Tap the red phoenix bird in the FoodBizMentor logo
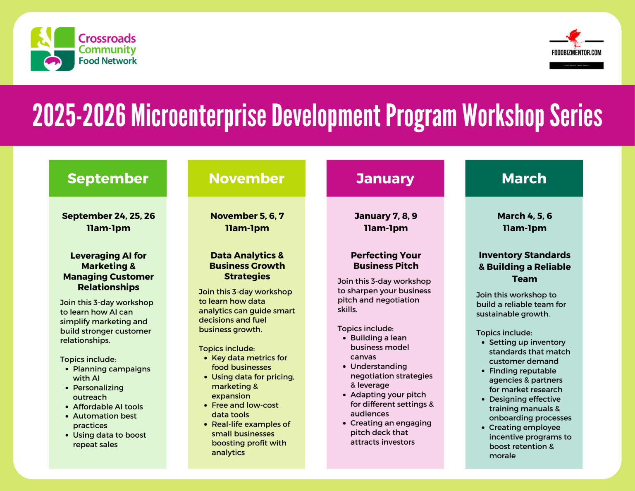pyautogui.click(x=574, y=37)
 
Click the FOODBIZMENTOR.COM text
pyautogui.click(x=576, y=53)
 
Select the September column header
pyautogui.click(x=108, y=178)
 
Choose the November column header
pyautogui.click(x=246, y=178)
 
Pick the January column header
pyautogui.click(x=385, y=178)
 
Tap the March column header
pyautogui.click(x=524, y=178)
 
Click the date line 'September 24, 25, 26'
pyautogui.click(x=108, y=216)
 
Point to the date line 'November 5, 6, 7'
pyautogui.click(x=247, y=216)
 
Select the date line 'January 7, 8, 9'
pyautogui.click(x=386, y=216)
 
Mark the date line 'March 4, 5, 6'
pyautogui.click(x=524, y=216)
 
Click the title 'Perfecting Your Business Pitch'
pyautogui.click(x=386, y=261)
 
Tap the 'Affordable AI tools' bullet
pyautogui.click(x=108, y=407)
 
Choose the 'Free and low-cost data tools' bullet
pyautogui.click(x=245, y=410)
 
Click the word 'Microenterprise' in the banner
pyautogui.click(x=198, y=115)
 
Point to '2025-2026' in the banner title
pyautogui.click(x=79, y=115)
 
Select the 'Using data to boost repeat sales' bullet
pyautogui.click(x=109, y=440)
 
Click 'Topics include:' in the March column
pyautogui.click(x=504, y=333)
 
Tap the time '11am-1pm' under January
pyautogui.click(x=386, y=228)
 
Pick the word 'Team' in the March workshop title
pyautogui.click(x=524, y=279)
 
